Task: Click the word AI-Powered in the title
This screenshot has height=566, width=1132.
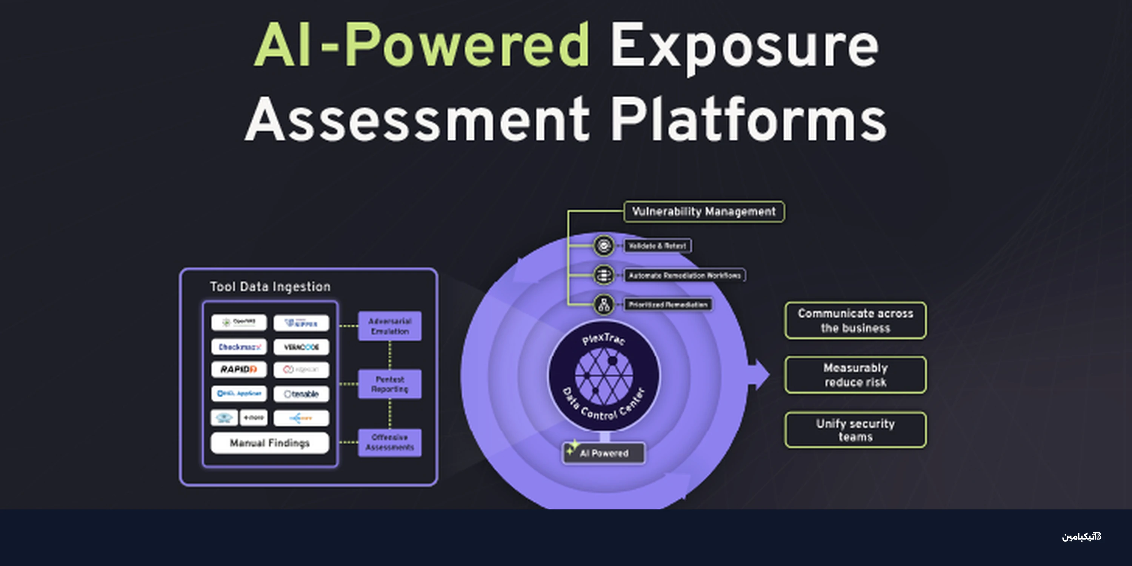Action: [422, 46]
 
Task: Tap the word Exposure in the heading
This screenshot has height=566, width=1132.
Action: [744, 46]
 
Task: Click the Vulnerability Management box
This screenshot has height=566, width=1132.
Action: [704, 212]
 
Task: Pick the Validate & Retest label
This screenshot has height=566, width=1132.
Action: [657, 246]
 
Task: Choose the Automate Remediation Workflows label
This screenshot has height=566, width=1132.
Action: [684, 275]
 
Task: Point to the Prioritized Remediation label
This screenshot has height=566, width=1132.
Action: [668, 305]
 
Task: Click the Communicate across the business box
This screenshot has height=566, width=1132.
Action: [855, 320]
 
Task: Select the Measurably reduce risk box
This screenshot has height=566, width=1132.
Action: [855, 375]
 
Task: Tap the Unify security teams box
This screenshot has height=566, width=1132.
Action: [855, 430]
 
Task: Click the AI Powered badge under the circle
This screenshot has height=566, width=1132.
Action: [604, 453]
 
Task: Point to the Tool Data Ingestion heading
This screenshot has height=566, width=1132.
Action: [270, 286]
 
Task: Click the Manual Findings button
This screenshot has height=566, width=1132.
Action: [270, 443]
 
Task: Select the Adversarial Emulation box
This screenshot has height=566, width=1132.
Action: [390, 326]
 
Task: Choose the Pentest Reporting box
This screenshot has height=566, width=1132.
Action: [390, 384]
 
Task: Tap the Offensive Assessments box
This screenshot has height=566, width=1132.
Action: [390, 443]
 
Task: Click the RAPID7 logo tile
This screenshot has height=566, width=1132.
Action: [238, 369]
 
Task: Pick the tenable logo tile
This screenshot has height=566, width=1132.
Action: [301, 394]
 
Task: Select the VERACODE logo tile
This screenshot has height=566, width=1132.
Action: [301, 347]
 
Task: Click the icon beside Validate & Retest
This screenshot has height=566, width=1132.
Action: [604, 246]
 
